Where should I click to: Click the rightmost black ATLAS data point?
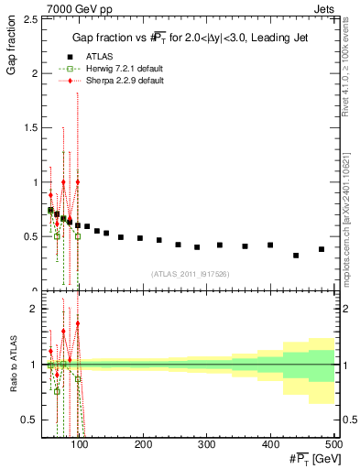coord(322,249)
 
